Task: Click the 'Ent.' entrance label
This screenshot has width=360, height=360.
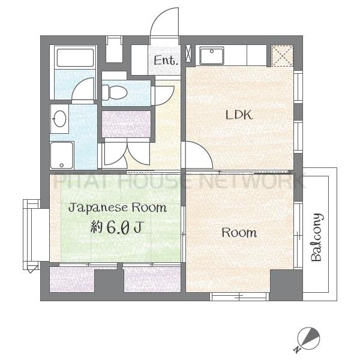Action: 166,60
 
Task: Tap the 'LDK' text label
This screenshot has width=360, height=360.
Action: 238,115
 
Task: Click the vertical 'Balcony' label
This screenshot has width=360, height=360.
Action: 317,238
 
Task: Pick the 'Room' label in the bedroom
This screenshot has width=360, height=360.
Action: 239,232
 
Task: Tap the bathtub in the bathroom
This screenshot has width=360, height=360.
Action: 75,59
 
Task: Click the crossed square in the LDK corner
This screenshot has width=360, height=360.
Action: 281,56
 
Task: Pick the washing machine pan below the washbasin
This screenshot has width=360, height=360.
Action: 62,155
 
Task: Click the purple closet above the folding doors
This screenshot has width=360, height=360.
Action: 125,124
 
